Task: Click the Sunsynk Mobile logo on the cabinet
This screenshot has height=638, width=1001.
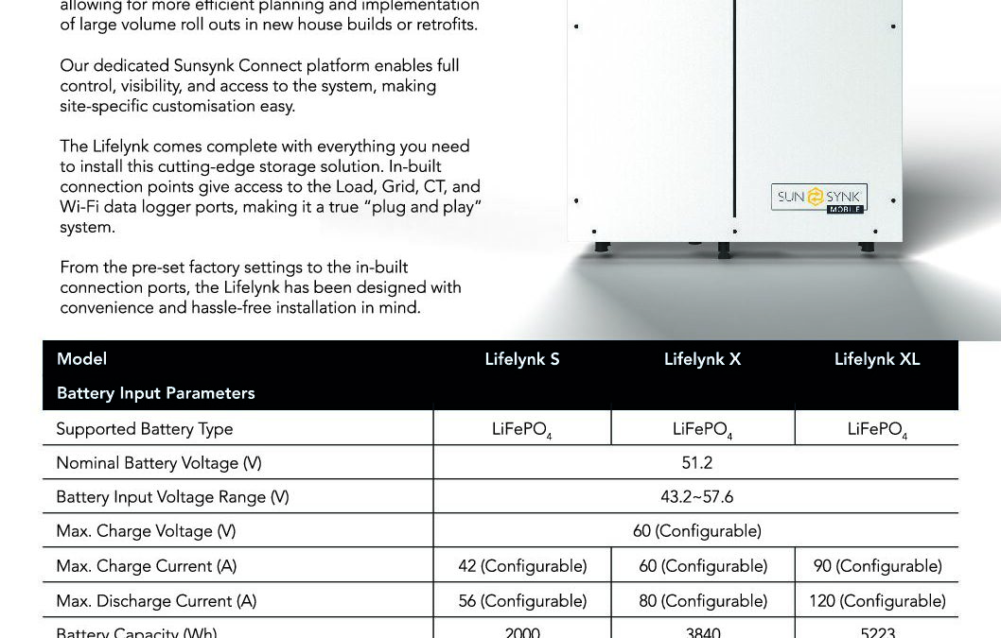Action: tap(818, 198)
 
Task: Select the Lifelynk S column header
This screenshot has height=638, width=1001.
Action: tap(521, 359)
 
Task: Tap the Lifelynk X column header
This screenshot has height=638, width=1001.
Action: tap(702, 359)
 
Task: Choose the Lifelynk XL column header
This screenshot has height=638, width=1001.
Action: tap(876, 359)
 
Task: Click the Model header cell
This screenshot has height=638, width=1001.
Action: tap(81, 359)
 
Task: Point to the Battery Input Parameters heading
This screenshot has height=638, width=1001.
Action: tap(155, 393)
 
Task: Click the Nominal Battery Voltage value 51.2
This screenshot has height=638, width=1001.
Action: tap(696, 463)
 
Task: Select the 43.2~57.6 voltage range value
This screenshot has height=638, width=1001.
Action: tap(696, 497)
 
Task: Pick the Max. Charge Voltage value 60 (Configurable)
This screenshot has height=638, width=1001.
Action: tap(696, 531)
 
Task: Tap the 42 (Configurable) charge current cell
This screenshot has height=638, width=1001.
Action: tap(521, 566)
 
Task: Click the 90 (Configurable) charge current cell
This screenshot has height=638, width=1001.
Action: tap(877, 566)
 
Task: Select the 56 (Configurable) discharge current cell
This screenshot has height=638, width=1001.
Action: tap(521, 601)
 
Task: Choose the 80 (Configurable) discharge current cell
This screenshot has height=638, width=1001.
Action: tap(702, 601)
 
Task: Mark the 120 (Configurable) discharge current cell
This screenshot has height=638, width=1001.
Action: tap(877, 601)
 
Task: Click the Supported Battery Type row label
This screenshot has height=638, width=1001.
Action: tap(144, 429)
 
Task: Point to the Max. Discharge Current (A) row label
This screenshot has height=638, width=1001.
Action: tap(156, 601)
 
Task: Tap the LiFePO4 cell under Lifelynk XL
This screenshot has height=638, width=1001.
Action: tap(877, 430)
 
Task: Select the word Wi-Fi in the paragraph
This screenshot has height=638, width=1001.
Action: tap(79, 207)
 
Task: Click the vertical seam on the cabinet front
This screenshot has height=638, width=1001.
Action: tap(734, 95)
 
